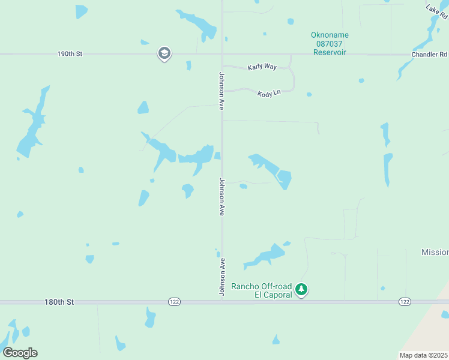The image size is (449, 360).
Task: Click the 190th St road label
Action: click(x=70, y=54)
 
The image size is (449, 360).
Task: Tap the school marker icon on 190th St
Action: click(x=164, y=54)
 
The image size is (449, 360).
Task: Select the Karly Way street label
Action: click(x=262, y=67)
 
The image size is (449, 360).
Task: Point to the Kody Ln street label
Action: click(x=269, y=94)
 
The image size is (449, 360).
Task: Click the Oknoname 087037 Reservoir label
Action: click(x=330, y=44)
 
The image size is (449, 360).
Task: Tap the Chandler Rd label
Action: click(x=429, y=55)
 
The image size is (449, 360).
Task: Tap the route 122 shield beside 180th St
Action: click(x=173, y=302)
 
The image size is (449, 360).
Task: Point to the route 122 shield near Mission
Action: click(x=405, y=302)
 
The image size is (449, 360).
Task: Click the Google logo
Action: click(x=20, y=352)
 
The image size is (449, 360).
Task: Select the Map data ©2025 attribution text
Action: click(x=423, y=355)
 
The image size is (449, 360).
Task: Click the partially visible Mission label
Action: click(x=435, y=253)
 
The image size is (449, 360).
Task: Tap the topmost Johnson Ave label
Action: click(x=221, y=91)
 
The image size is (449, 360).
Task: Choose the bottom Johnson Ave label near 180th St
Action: click(x=221, y=277)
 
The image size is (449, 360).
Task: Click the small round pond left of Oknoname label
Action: click(x=291, y=22)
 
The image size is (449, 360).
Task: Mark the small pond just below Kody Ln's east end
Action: click(x=309, y=94)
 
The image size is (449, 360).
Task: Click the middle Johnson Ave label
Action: click(x=221, y=196)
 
